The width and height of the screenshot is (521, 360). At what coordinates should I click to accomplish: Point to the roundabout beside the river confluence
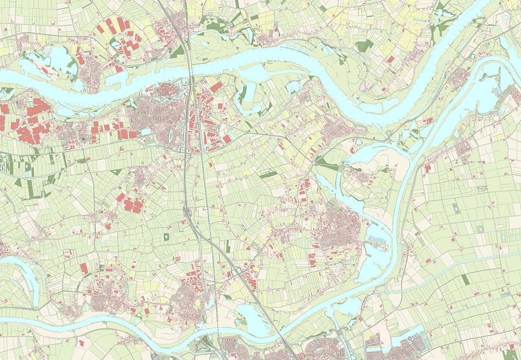(388, 133)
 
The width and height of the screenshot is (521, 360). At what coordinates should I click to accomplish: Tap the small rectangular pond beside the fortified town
(146, 133)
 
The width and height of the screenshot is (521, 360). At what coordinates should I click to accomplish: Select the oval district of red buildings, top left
(121, 41)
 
